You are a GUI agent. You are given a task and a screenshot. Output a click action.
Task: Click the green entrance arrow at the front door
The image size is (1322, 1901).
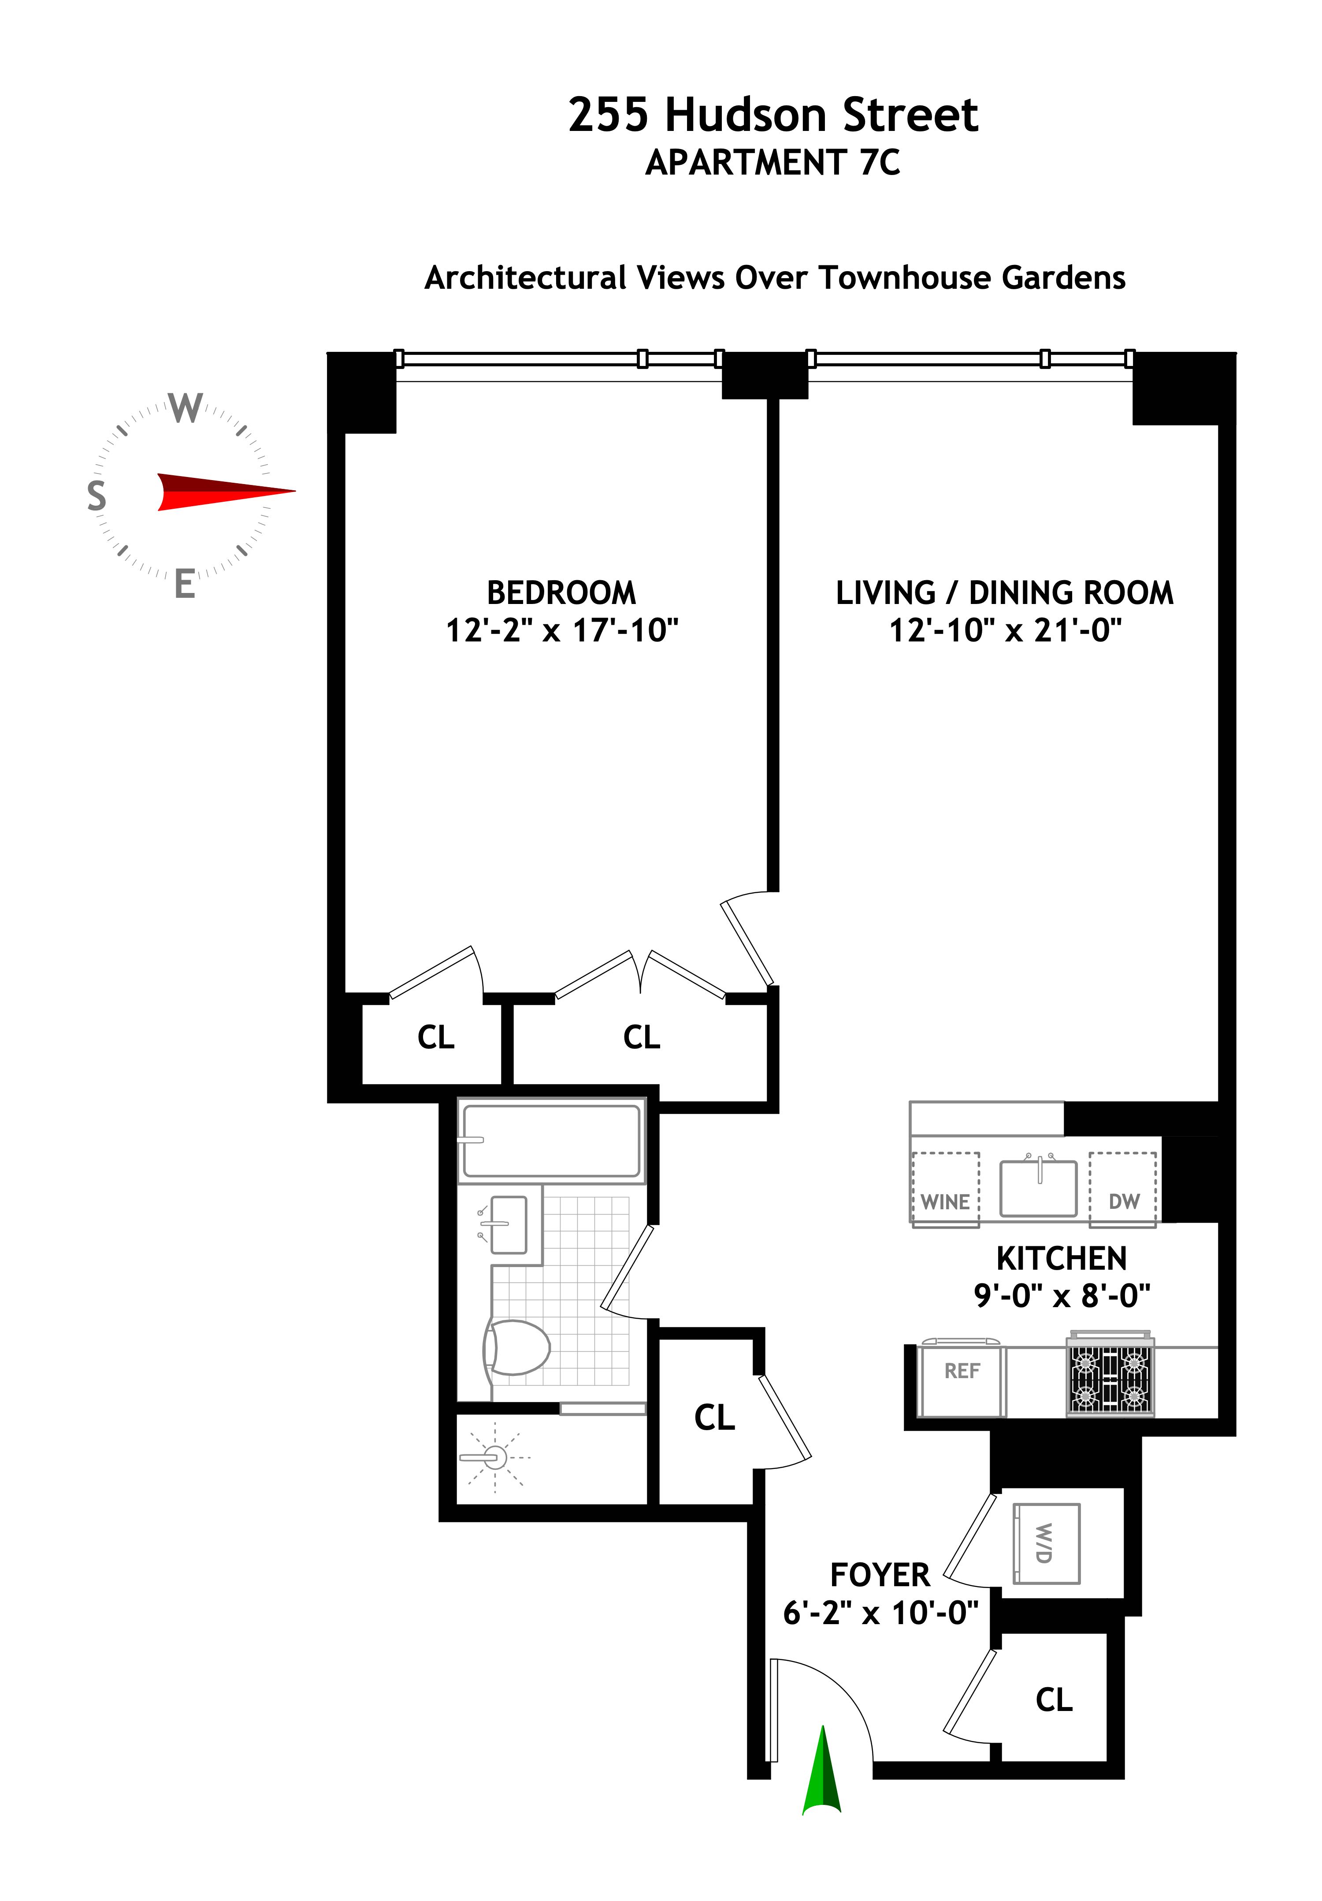[822, 1772]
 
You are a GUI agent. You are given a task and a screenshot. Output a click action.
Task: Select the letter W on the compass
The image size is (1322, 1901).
[186, 407]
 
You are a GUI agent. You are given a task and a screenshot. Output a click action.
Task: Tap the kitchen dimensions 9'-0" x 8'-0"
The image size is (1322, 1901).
[1061, 1295]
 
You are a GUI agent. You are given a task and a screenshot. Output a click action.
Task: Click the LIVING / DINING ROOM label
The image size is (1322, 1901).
[1004, 593]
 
